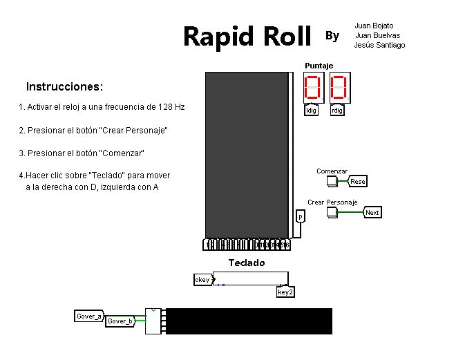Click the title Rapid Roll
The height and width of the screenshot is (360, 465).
click(x=247, y=36)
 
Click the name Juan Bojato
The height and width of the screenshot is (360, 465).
click(x=374, y=26)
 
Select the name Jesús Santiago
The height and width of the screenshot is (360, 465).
click(x=379, y=45)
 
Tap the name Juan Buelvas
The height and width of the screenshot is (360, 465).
click(x=377, y=35)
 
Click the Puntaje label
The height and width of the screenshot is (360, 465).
click(x=319, y=66)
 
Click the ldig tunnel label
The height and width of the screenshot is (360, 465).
click(x=312, y=111)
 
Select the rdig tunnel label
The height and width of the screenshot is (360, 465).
click(x=337, y=111)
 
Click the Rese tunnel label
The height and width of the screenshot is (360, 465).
click(x=357, y=182)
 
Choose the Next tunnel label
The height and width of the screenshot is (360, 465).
click(x=372, y=213)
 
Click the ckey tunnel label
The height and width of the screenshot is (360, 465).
click(x=202, y=280)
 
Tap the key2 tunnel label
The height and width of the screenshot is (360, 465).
click(x=285, y=292)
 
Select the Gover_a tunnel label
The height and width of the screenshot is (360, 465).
click(x=89, y=316)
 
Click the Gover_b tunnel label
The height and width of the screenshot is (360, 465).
click(x=120, y=321)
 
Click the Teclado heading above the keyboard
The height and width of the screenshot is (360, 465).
click(x=247, y=263)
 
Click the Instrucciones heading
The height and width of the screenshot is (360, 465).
click(x=64, y=87)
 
